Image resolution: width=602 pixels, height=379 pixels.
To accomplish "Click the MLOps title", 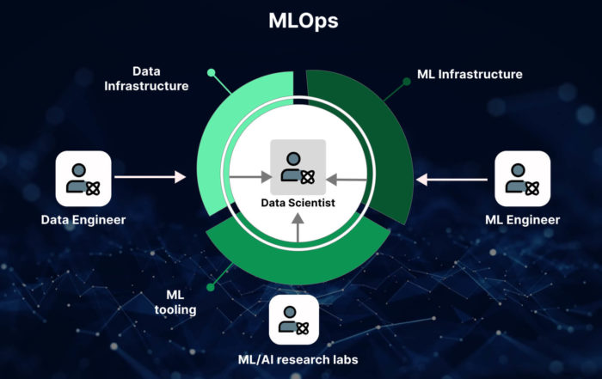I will coord(301,21).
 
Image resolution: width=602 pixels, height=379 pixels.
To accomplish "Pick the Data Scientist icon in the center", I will coord(298,166).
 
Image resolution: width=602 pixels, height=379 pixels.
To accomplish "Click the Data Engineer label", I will coord(83,220).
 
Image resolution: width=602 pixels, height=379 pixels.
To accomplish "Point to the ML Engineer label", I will coord(522,220).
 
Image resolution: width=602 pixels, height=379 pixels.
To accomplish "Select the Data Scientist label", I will coord(298,205).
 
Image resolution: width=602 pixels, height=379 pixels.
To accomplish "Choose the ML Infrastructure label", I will coord(470,75).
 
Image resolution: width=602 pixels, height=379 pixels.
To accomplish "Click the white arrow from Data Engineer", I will coord(150,177).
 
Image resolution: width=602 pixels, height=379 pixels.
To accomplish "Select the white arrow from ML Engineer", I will coord(451,179).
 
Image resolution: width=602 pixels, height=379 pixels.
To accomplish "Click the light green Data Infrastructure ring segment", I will coord(225,129).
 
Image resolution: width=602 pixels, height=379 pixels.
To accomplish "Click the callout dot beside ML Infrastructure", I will coord(406,82).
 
